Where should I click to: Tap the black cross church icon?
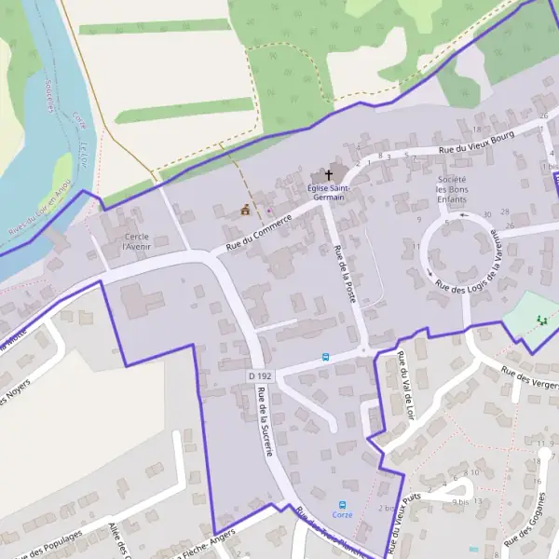tap(329, 174)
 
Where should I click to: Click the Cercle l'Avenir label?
tap(137, 241)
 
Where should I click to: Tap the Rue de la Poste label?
tap(346, 274)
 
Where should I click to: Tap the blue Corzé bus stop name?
tap(343, 514)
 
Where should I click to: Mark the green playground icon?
tap(540, 320)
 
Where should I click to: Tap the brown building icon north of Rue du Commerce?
tap(245, 210)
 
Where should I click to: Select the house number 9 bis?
tap(459, 501)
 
